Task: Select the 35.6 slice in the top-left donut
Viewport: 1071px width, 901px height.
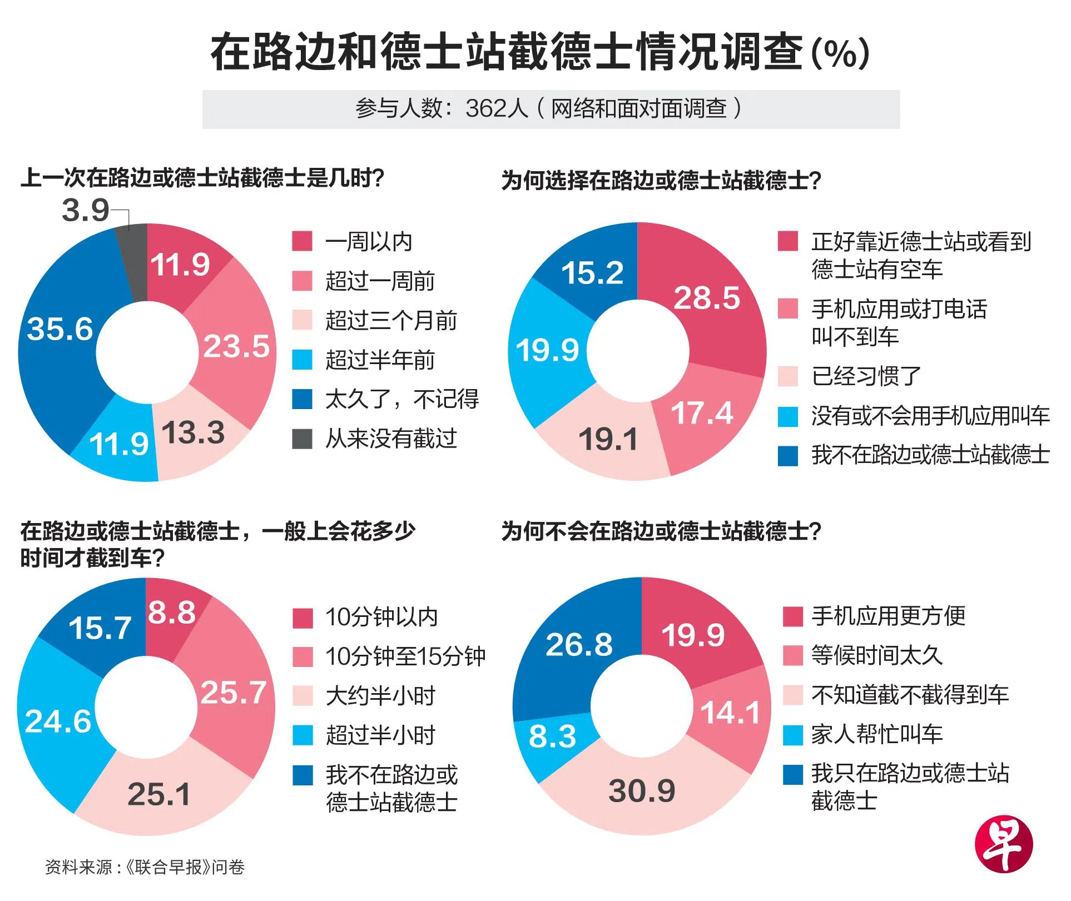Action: (60, 329)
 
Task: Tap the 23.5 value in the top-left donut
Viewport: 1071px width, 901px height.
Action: (236, 346)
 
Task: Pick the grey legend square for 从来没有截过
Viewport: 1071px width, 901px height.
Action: (302, 439)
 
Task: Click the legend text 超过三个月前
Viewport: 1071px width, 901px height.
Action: (391, 321)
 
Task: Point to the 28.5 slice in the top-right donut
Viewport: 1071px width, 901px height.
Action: (707, 298)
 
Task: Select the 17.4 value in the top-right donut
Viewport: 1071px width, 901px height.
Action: (702, 414)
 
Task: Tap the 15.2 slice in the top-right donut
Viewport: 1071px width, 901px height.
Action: (592, 273)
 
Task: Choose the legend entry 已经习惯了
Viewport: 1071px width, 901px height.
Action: (866, 376)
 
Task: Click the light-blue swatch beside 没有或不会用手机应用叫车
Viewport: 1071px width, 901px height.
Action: (787, 416)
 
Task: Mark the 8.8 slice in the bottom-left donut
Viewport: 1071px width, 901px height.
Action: (172, 613)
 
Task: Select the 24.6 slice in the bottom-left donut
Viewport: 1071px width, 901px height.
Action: (58, 721)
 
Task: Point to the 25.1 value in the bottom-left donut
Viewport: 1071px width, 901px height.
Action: (159, 794)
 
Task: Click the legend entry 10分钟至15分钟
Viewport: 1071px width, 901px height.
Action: (405, 656)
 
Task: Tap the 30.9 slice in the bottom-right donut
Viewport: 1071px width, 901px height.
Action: (642, 790)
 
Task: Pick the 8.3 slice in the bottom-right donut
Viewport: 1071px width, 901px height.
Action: (552, 736)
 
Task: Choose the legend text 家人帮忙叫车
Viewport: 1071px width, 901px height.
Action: (877, 734)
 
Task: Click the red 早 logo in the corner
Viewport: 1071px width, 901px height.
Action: (1003, 845)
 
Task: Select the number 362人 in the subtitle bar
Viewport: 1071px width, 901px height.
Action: (496, 108)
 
